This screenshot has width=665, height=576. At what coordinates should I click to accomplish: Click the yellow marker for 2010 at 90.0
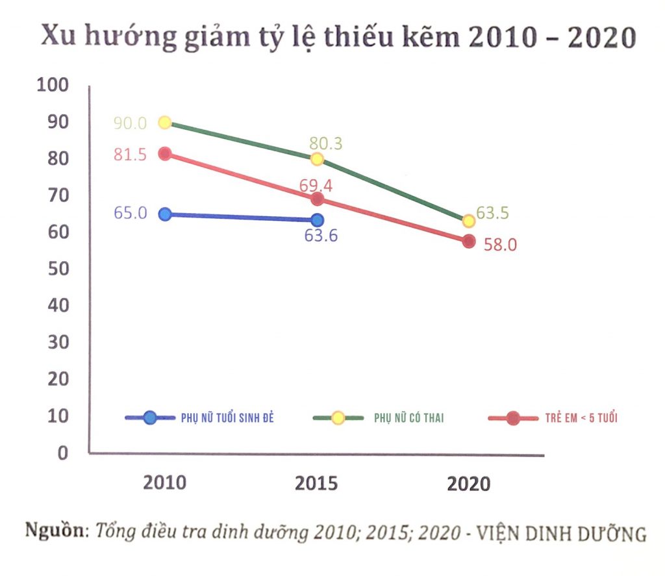pos(165,123)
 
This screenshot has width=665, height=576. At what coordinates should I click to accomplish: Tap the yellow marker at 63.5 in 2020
pos(469,221)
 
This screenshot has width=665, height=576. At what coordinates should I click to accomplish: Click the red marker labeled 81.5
pos(164,154)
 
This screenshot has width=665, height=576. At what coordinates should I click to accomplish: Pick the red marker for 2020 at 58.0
pos(469,242)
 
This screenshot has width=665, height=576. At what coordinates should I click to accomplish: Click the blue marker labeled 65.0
pos(165,214)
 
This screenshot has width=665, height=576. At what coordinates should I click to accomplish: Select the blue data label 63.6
pos(321,235)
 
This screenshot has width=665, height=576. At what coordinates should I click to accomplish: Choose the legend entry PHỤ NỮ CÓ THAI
pos(409,418)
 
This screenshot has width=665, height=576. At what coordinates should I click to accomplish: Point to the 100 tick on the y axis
pos(54,85)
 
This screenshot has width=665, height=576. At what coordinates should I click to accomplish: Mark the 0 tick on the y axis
pos(64,453)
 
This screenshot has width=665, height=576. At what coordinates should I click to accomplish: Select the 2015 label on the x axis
pos(317,483)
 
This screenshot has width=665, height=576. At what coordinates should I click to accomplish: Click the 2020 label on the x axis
pos(469,484)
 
